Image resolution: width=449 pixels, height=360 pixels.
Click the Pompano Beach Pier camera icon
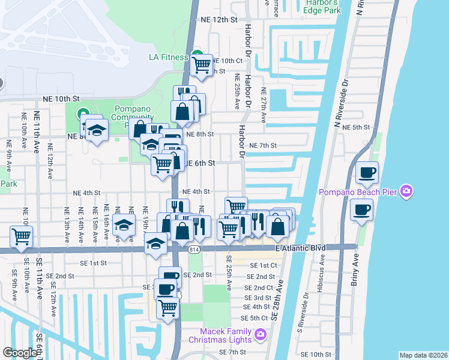tap(407, 191)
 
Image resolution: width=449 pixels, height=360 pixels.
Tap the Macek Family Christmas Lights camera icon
tap(261, 334)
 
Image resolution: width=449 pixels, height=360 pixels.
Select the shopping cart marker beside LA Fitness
tap(202, 64)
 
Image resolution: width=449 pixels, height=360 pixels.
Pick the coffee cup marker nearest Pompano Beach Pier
tap(362, 210)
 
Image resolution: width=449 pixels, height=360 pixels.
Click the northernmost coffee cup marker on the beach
tap(367, 173)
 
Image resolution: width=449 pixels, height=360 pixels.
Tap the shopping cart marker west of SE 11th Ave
tap(22, 236)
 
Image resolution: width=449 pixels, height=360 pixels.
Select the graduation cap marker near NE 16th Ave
tap(124, 227)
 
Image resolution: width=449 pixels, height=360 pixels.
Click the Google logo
tap(19, 353)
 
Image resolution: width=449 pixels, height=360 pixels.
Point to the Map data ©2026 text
tap(423, 355)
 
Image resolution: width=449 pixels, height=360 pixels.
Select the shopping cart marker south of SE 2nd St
tap(167, 307)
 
